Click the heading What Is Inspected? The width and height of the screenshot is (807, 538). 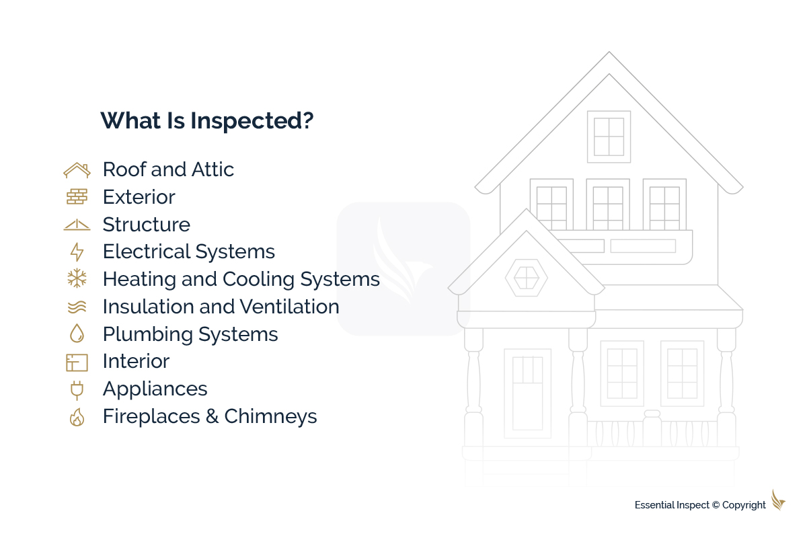point(207,121)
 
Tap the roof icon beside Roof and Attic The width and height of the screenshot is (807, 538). point(77,170)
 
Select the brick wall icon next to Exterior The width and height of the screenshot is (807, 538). point(77,197)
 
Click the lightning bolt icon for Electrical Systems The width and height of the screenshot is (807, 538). point(77,252)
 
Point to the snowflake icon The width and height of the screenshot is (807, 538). point(77,279)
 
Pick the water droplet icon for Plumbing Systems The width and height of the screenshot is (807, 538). point(77,334)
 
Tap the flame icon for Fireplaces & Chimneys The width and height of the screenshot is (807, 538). point(77,417)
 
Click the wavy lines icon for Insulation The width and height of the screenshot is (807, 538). point(77,307)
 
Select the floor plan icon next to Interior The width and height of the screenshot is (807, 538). point(77,362)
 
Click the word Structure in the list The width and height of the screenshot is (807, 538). point(146,225)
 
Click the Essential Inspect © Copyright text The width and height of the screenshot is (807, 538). point(700,505)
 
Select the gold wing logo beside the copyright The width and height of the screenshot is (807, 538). point(778,500)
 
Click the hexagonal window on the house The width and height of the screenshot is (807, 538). point(526,277)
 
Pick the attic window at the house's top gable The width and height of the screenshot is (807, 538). point(609,137)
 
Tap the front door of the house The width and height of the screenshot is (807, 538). point(527,393)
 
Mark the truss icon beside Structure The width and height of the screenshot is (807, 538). point(77,225)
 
